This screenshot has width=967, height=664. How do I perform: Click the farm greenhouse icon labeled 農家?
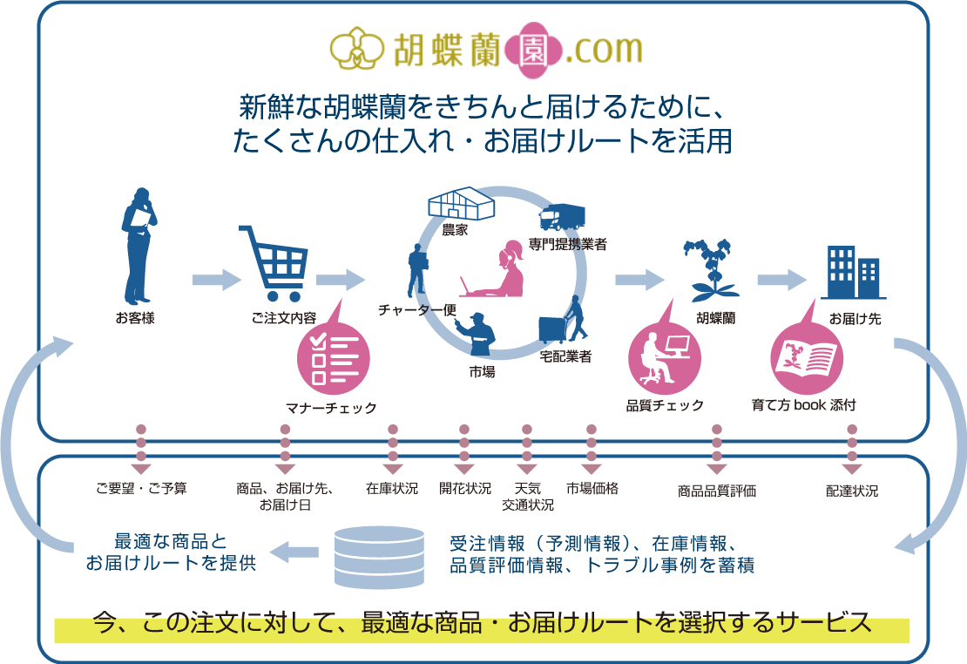click(461, 204)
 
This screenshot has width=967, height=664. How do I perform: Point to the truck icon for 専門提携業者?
click(563, 217)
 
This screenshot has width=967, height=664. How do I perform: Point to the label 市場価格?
click(592, 489)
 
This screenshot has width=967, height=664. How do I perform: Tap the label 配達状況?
click(852, 491)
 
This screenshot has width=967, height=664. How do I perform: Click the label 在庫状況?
click(392, 489)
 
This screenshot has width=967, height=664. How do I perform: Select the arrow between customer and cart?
click(215, 280)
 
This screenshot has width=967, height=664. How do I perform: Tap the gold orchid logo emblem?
click(355, 50)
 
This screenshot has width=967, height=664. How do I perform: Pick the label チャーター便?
click(417, 309)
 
